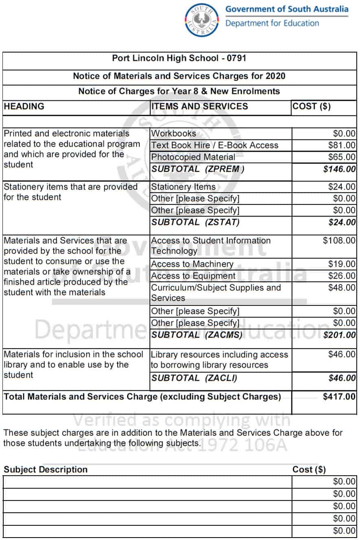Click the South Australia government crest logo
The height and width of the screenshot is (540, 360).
(202, 20)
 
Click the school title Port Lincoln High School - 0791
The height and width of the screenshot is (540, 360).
(179, 58)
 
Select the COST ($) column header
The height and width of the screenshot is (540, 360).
(312, 107)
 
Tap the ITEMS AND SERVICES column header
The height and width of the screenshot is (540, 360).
(199, 107)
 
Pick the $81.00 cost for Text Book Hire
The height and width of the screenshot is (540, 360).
(342, 146)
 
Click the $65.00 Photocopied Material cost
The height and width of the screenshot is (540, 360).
(342, 157)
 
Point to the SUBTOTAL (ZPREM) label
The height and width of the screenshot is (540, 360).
(198, 169)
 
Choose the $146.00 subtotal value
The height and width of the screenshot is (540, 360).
(339, 169)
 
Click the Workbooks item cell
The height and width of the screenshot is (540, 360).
(173, 133)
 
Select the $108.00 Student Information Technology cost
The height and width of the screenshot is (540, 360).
(339, 241)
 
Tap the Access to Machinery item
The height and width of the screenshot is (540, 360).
(192, 264)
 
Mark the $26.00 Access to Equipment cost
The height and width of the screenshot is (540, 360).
(342, 276)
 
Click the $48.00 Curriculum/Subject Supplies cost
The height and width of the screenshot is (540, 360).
(342, 288)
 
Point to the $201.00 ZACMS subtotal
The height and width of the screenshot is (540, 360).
(339, 335)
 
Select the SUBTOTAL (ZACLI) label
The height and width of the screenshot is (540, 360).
(194, 378)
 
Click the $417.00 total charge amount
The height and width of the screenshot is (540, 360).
(339, 397)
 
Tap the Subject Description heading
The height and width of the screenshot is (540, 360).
(46, 470)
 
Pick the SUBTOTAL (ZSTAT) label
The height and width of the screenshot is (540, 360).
(195, 222)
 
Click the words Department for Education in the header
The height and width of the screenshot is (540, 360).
(272, 23)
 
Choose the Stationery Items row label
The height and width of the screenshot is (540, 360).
(183, 187)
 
